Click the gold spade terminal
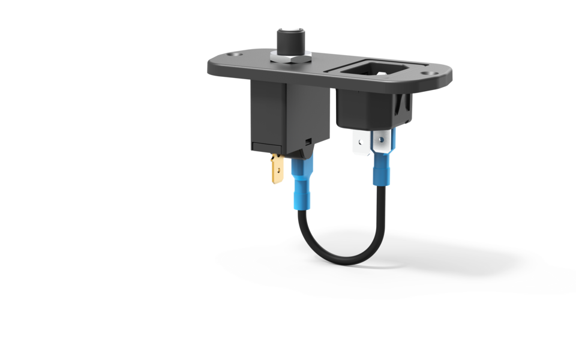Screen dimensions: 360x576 point(277,169)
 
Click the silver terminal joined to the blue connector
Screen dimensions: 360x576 point(381,143)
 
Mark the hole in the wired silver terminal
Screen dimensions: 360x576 point(380,140)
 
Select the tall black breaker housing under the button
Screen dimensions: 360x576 point(288,114)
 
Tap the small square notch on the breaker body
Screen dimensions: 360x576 point(308,141)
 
